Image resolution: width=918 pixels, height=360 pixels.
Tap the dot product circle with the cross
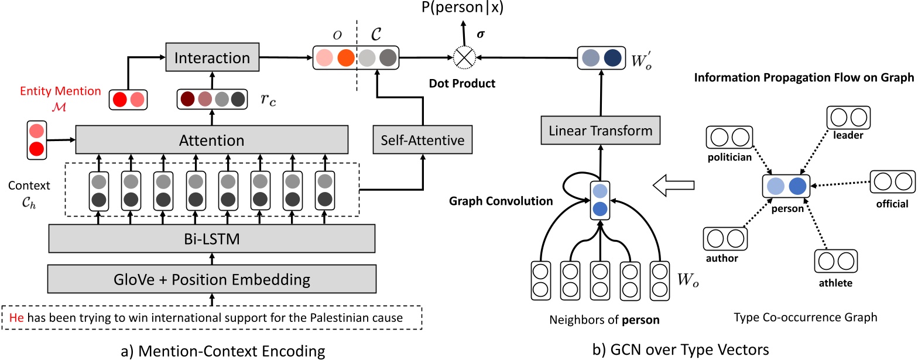tap(465, 58)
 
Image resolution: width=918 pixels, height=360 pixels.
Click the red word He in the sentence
tap(17, 319)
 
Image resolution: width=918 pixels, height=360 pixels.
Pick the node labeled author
tap(721, 239)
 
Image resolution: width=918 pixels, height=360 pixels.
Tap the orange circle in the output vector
tap(345, 58)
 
